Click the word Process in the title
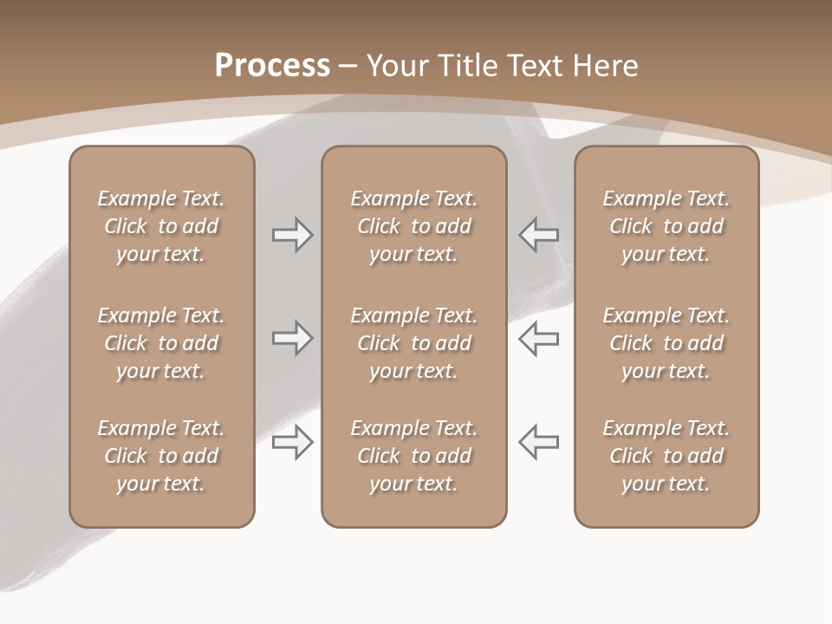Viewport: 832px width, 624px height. [x=272, y=66]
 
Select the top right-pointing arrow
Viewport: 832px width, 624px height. [x=293, y=235]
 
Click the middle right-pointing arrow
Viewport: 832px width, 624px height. [x=293, y=338]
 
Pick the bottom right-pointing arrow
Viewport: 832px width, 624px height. [x=293, y=442]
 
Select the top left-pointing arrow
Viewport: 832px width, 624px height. [x=539, y=235]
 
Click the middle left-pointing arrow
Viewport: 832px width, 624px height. [x=539, y=338]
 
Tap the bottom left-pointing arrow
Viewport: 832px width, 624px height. [x=539, y=442]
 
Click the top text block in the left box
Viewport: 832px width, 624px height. [x=161, y=226]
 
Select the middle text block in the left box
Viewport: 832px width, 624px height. [x=161, y=343]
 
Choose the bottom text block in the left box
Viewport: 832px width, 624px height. [x=161, y=456]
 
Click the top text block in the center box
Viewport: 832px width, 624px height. [x=413, y=226]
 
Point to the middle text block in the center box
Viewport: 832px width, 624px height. [x=413, y=343]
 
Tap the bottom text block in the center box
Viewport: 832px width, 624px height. [x=413, y=456]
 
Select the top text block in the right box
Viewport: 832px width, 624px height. [x=666, y=226]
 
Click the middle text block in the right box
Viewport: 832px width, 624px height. [x=666, y=343]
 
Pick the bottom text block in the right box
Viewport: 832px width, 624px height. [x=666, y=456]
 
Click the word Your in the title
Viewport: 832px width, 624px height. [x=399, y=66]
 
